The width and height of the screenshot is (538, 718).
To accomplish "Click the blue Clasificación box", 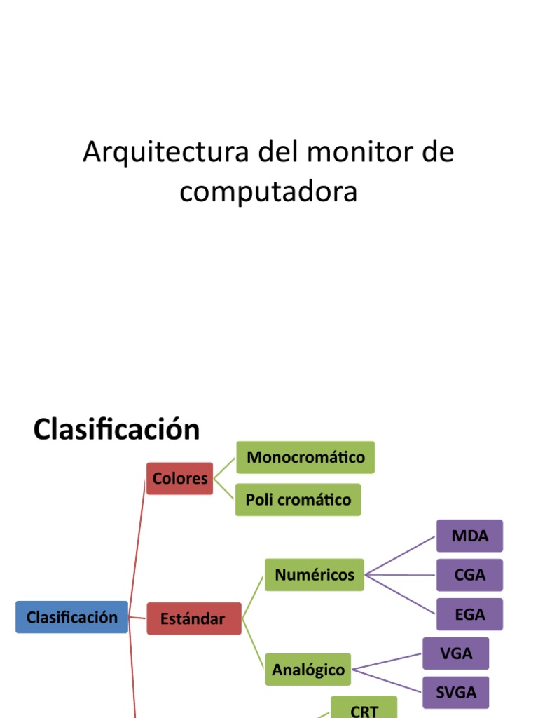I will click(71, 617).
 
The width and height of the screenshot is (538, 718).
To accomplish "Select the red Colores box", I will click(180, 478).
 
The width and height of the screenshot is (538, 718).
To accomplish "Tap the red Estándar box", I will click(193, 618).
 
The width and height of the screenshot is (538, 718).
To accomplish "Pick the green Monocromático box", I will click(305, 457).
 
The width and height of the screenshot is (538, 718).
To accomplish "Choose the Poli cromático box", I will click(298, 499).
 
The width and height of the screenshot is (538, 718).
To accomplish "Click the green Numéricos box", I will click(314, 575).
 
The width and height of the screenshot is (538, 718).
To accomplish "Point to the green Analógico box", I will click(308, 670).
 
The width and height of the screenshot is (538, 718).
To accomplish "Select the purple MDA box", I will click(469, 536).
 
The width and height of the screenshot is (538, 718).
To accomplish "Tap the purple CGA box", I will click(469, 575).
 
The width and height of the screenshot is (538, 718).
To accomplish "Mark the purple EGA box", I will click(469, 614).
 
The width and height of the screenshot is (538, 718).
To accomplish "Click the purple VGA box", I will click(456, 653).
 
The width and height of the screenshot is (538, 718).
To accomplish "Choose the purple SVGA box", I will click(456, 693).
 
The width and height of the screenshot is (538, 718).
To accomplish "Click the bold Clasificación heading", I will click(116, 429).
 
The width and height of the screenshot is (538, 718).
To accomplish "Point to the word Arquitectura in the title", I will click(165, 152).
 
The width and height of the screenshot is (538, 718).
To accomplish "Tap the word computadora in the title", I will click(268, 191).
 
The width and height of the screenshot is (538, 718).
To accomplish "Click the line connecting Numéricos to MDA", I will click(401, 556).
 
